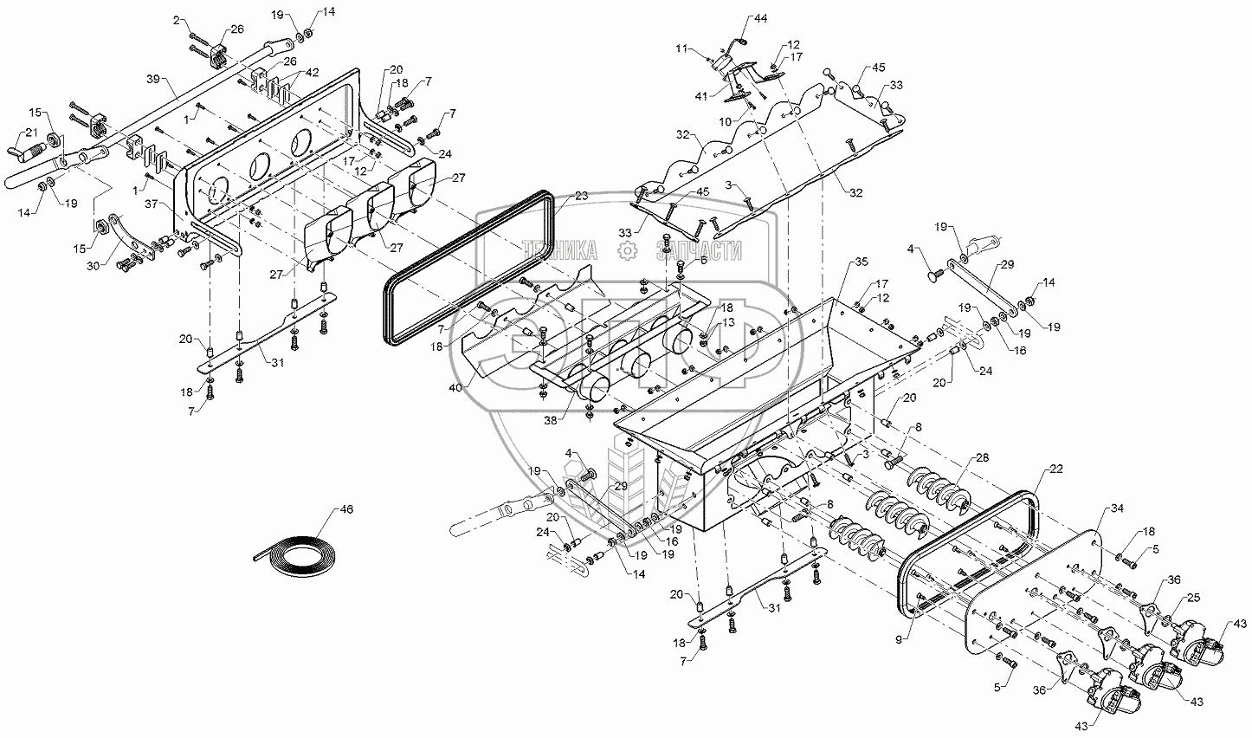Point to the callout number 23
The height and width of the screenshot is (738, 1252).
pyautogui.click(x=557, y=197)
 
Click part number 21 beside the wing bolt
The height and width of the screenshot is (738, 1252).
pyautogui.click(x=30, y=132)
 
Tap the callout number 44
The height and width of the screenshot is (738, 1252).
pyautogui.click(x=760, y=17)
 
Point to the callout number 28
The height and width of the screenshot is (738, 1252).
pyautogui.click(x=983, y=457)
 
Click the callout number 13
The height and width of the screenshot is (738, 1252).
pyautogui.click(x=729, y=322)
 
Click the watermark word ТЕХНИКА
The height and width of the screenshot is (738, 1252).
pyautogui.click(x=565, y=250)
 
